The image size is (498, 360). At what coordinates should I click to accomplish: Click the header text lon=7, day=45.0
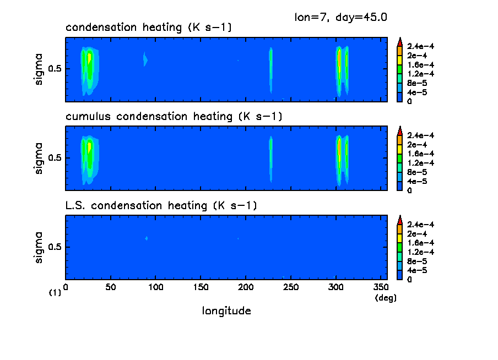point(342,17)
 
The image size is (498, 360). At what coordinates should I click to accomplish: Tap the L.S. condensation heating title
point(161,206)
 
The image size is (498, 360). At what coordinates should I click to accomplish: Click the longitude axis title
point(226,311)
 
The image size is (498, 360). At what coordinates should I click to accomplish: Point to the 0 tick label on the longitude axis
point(66,287)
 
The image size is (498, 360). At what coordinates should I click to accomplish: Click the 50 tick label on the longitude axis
point(111,287)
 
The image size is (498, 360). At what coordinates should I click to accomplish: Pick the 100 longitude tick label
point(156,287)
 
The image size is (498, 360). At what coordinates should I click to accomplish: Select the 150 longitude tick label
point(201,287)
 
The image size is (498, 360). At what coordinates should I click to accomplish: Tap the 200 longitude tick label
point(246,287)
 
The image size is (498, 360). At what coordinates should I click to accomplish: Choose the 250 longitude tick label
point(291,287)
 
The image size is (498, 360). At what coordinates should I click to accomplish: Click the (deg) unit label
point(385,298)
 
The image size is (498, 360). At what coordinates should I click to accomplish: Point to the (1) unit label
point(55,293)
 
